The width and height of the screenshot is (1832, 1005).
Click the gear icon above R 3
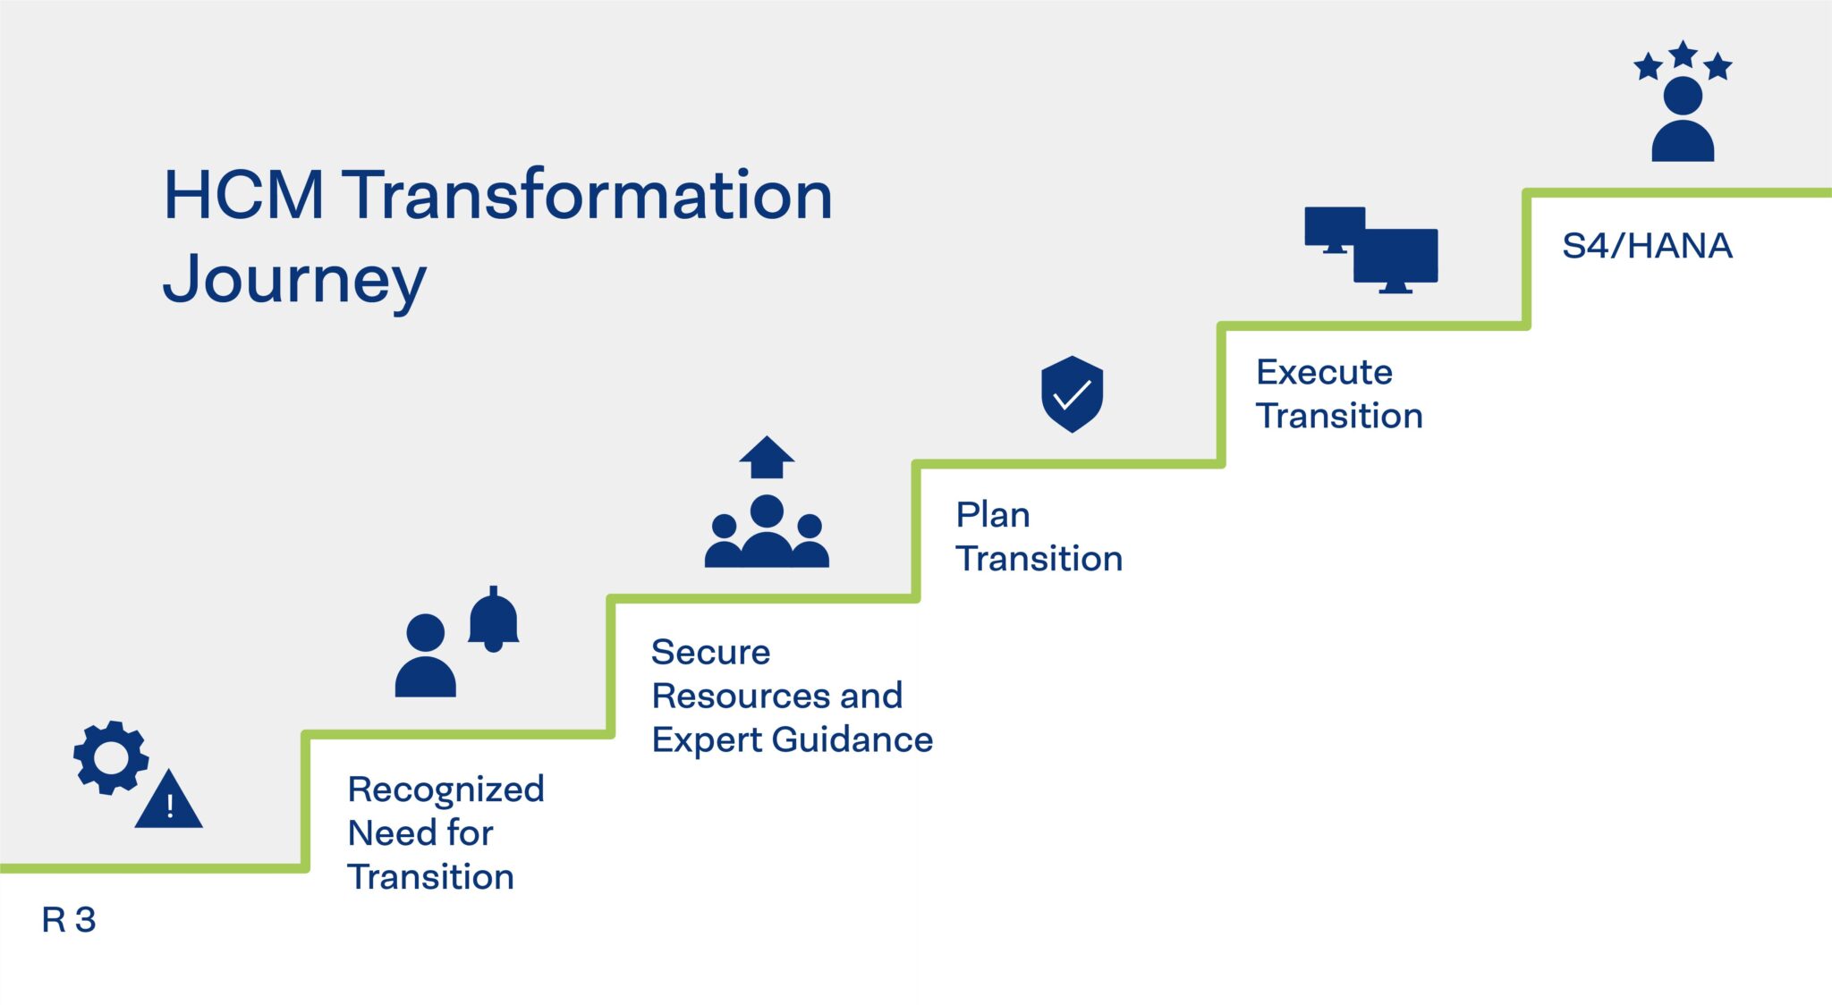pyautogui.click(x=111, y=757)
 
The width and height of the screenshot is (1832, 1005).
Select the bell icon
pyautogui.click(x=494, y=621)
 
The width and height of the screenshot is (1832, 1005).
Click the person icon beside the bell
pyautogui.click(x=426, y=656)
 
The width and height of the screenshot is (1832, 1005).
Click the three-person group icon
pyautogui.click(x=767, y=533)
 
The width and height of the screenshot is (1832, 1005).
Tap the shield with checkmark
pyautogui.click(x=1072, y=394)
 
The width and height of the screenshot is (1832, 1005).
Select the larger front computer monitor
pyautogui.click(x=1395, y=257)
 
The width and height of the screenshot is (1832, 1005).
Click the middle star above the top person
pyautogui.click(x=1684, y=55)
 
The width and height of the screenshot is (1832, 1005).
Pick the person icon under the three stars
pyautogui.click(x=1683, y=120)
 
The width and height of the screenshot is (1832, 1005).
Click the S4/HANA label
pyautogui.click(x=1647, y=246)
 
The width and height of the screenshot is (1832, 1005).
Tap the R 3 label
pyautogui.click(x=68, y=919)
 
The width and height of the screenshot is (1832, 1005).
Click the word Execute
pyautogui.click(x=1324, y=372)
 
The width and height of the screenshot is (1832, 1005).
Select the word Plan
pyautogui.click(x=993, y=515)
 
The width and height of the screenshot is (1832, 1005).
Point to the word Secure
pyautogui.click(x=710, y=652)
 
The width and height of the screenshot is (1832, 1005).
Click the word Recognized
pyautogui.click(x=445, y=790)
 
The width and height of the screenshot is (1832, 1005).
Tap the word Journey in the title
pyautogui.click(x=294, y=280)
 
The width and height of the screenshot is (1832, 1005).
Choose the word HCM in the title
pyautogui.click(x=243, y=195)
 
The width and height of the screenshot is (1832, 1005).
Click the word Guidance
pyautogui.click(x=852, y=739)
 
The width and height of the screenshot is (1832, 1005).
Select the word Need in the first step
pyautogui.click(x=384, y=833)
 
